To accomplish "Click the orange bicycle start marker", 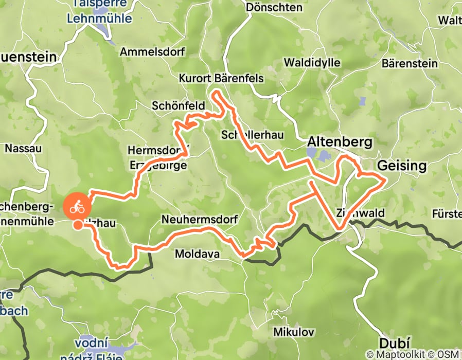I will tap(77, 207).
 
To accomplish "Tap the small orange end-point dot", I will tap(77, 225).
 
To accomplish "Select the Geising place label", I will tap(402, 166).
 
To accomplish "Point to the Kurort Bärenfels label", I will tap(221, 79).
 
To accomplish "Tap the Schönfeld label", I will tap(178, 105).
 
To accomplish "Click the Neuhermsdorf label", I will tap(199, 220).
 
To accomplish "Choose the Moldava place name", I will tap(198, 254).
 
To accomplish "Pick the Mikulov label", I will tap(294, 332).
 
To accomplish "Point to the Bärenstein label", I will tap(410, 64).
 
